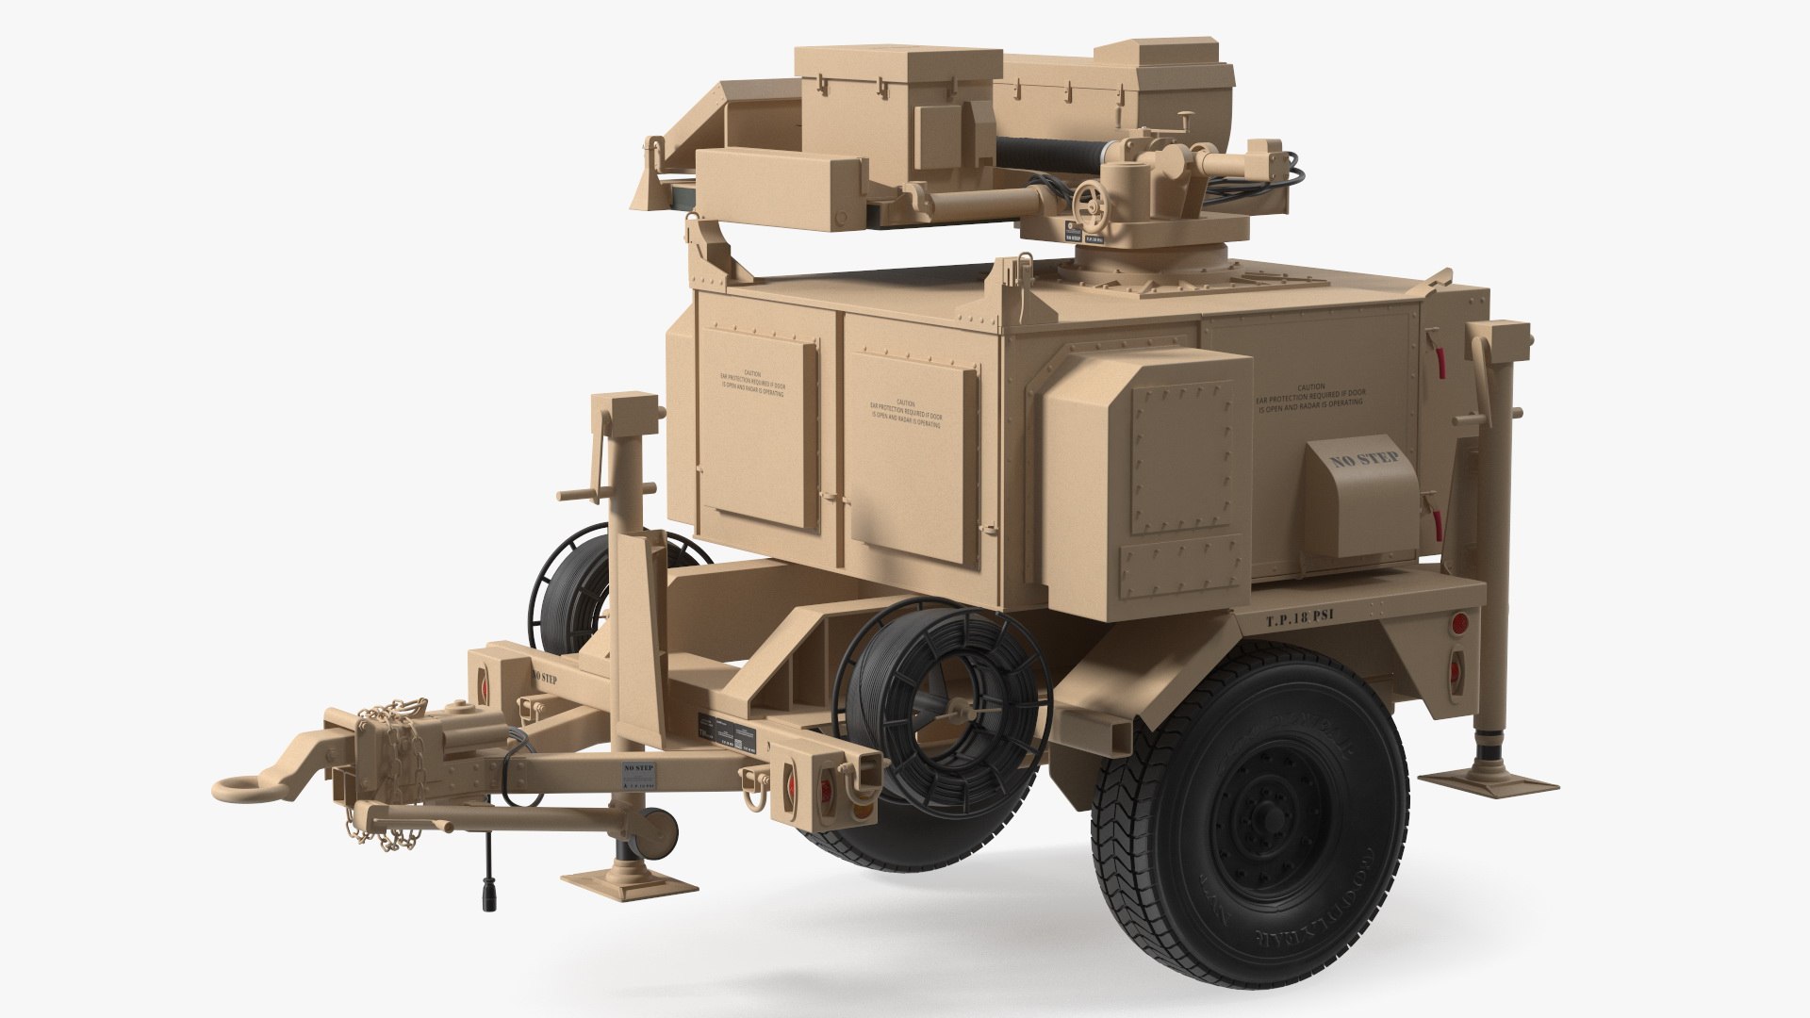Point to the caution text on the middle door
905,413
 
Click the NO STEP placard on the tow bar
637,777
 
